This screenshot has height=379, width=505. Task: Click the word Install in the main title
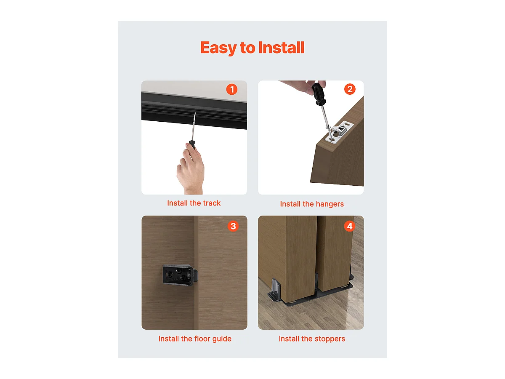(282, 48)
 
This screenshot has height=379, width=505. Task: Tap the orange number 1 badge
(231, 89)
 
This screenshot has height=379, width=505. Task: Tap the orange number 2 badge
(350, 89)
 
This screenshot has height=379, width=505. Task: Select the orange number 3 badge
(233, 226)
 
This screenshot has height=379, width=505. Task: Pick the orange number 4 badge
(349, 226)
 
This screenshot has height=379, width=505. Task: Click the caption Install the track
(194, 203)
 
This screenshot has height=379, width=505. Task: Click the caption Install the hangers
(311, 204)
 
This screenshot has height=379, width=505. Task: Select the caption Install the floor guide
(194, 339)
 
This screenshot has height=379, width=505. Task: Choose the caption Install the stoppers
(311, 339)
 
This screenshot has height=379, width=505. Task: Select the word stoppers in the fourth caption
(330, 339)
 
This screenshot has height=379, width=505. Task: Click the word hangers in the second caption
(330, 204)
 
